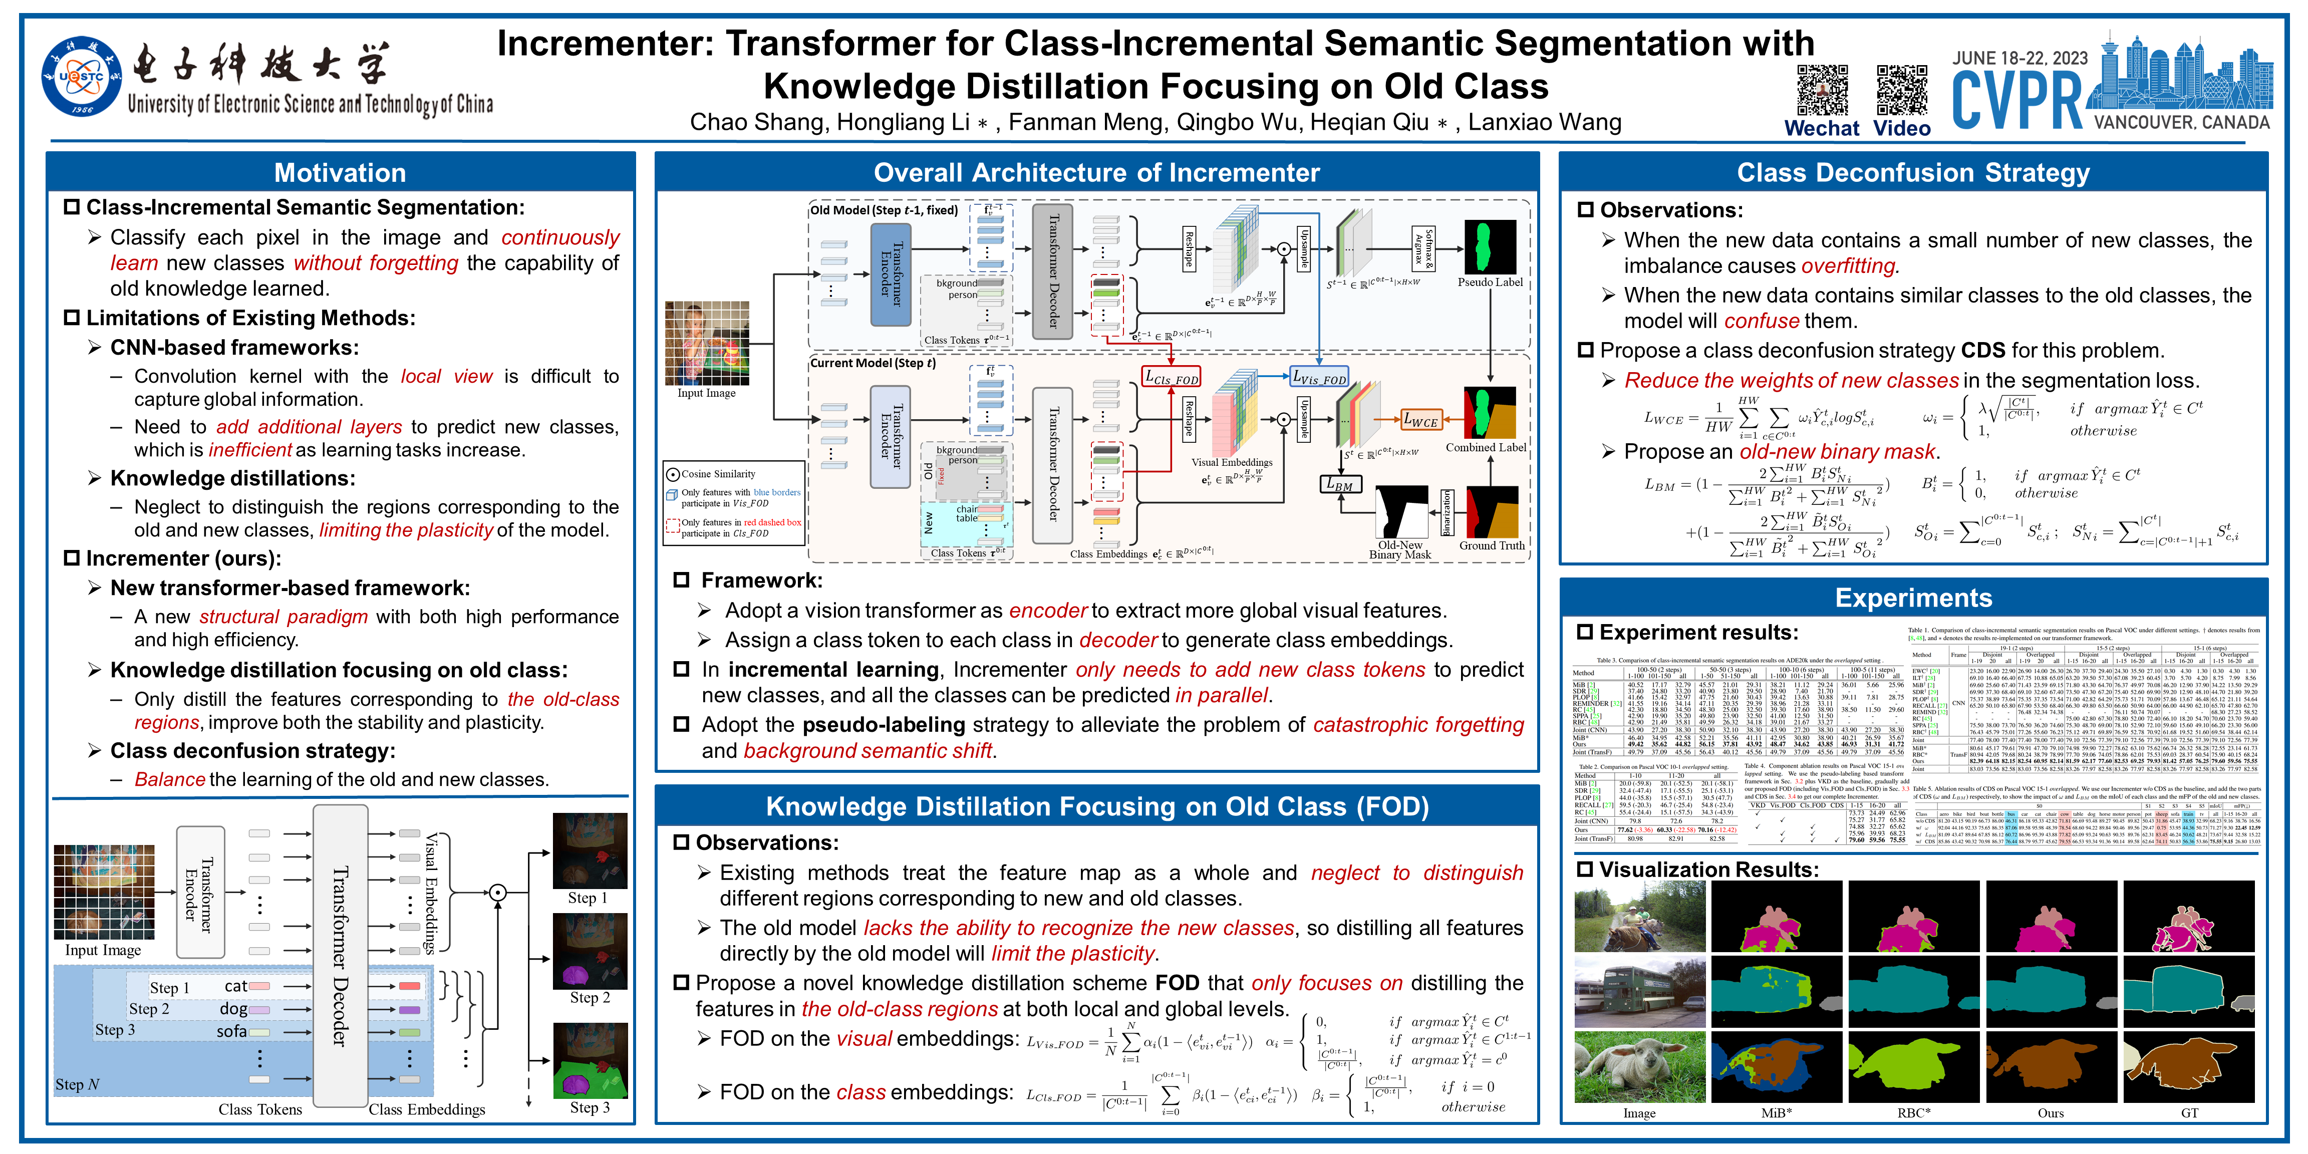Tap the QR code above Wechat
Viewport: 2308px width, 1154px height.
coord(1822,90)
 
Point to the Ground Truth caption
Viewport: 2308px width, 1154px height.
coord(1491,545)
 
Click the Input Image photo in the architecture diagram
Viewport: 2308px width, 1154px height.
coord(706,343)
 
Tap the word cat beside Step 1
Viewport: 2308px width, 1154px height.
coord(235,986)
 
